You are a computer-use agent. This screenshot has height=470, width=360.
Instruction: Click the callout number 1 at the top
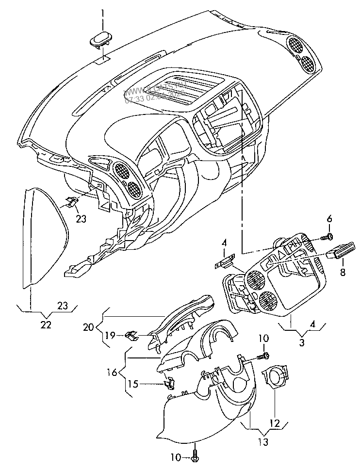point(102,12)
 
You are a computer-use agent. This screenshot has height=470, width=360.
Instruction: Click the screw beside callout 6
point(328,236)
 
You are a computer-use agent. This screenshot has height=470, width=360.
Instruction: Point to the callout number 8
point(343,273)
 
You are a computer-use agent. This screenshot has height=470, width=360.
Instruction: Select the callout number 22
point(46,325)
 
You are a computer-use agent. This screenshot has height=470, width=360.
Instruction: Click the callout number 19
point(110,335)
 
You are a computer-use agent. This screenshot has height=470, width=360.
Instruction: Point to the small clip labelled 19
point(131,335)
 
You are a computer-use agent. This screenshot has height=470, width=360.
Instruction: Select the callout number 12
point(275,423)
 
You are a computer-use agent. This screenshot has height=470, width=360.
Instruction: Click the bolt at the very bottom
point(195,456)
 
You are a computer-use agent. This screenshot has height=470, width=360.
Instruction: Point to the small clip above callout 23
point(72,202)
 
